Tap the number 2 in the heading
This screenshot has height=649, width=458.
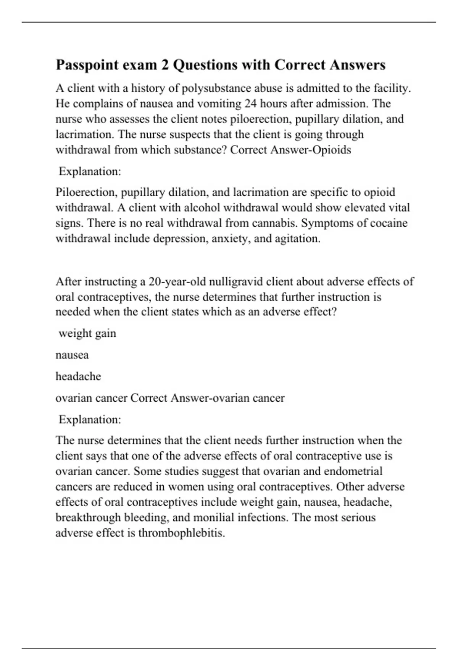click(165, 65)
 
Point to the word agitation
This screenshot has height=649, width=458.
click(297, 239)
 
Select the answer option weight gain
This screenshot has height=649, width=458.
click(87, 333)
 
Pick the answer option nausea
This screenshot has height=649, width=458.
click(72, 355)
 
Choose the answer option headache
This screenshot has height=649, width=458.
click(78, 376)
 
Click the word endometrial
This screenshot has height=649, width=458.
click(353, 471)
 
